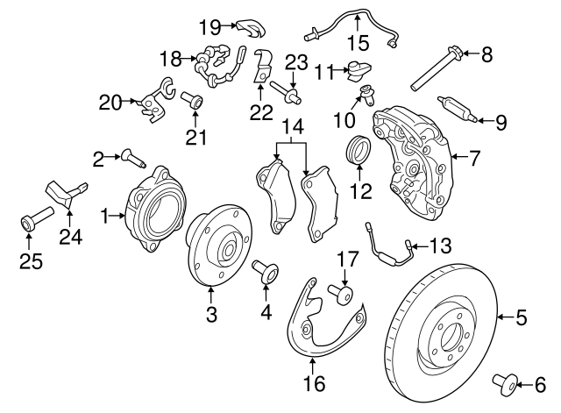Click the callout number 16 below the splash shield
point(314,382)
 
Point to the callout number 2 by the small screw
point(98,158)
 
